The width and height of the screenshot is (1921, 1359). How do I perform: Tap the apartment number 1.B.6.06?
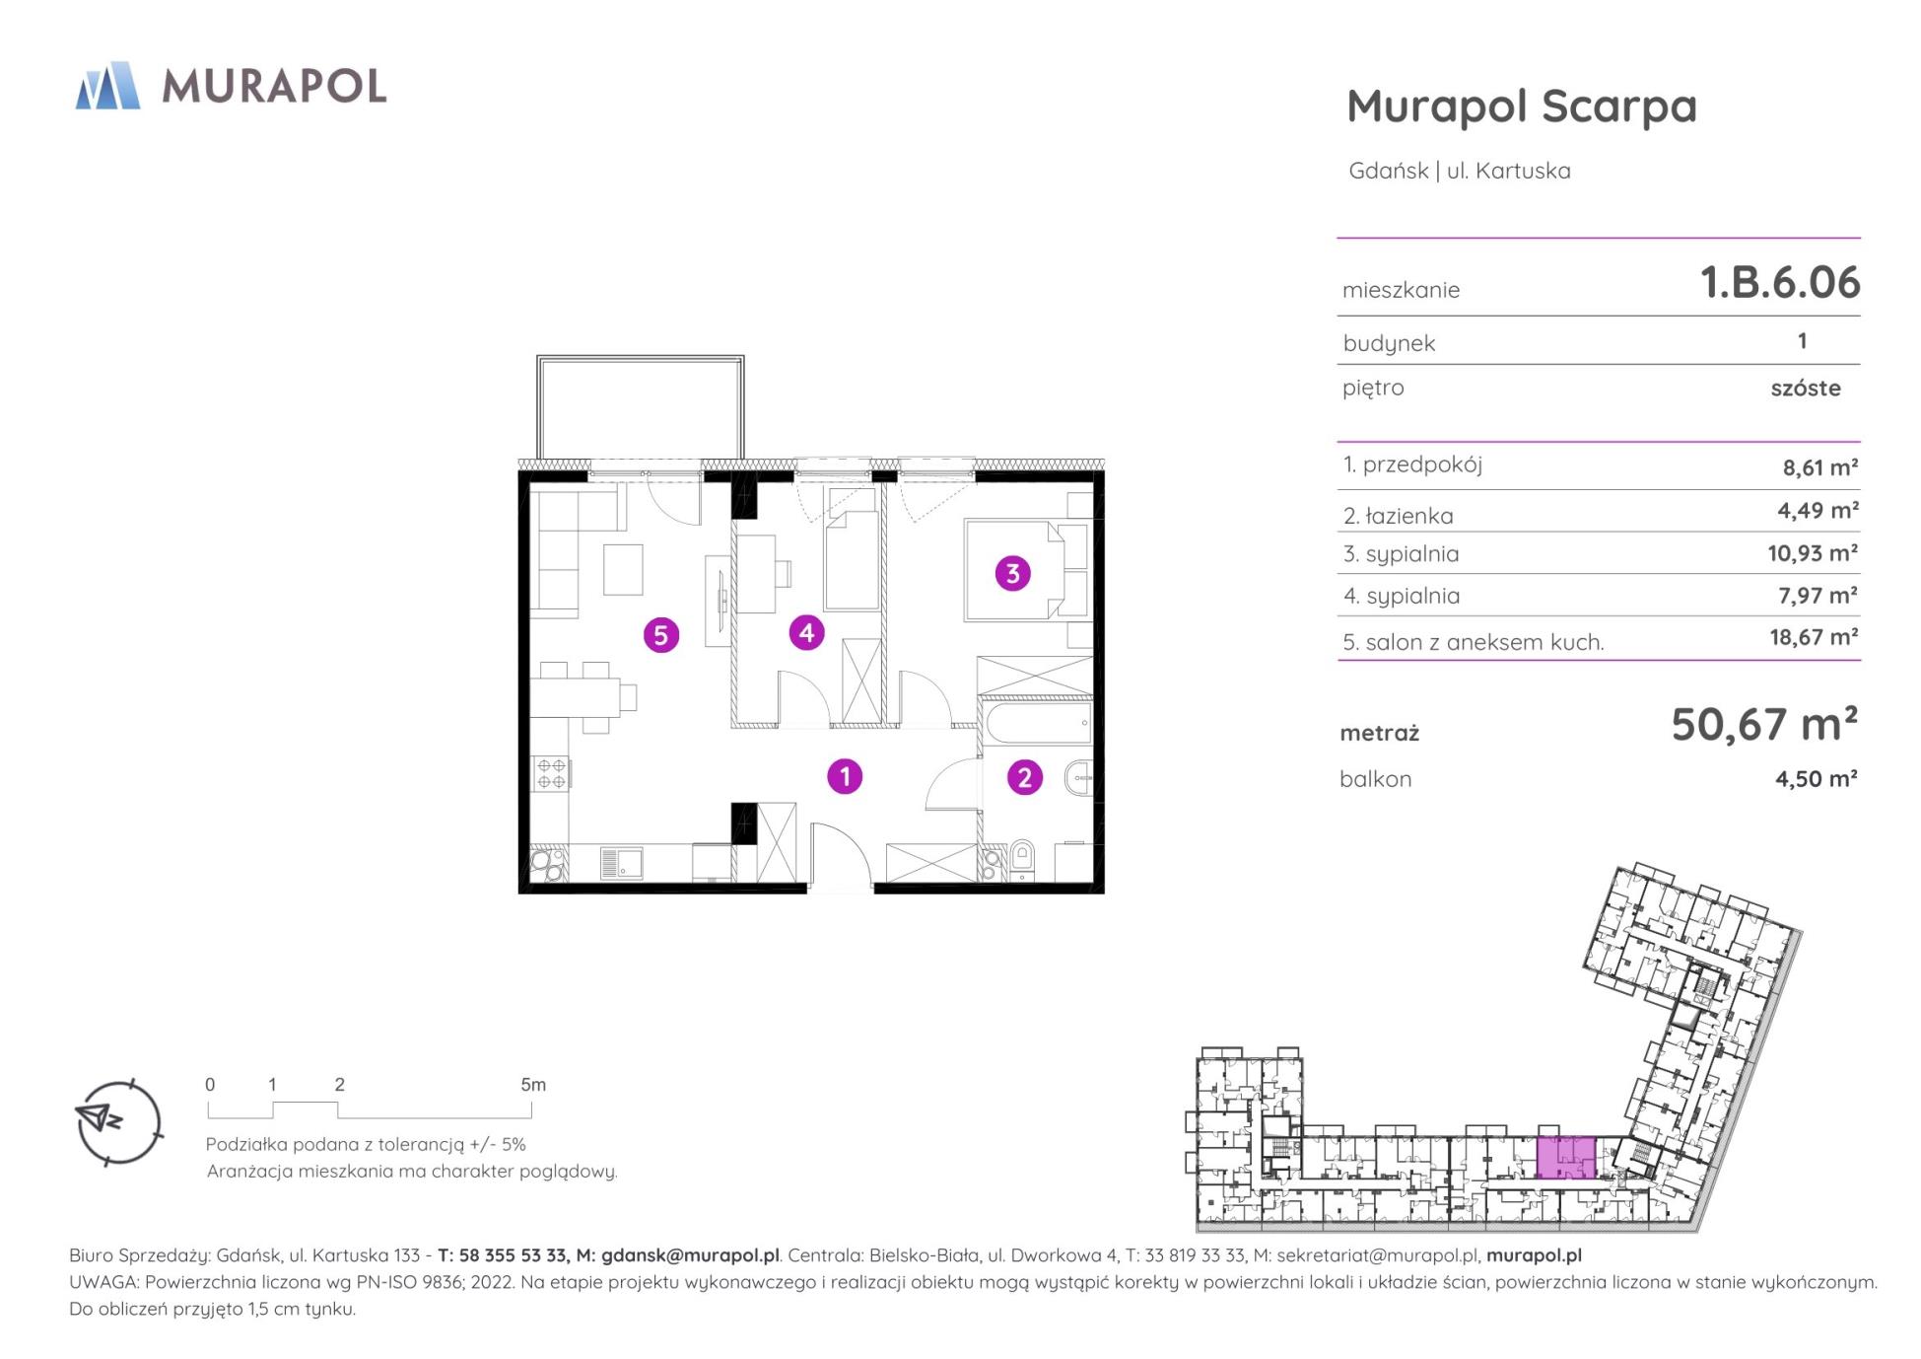pyautogui.click(x=1780, y=282)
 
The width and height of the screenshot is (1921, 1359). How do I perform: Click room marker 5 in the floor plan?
pyautogui.click(x=661, y=634)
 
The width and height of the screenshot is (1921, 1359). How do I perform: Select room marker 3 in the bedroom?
pyautogui.click(x=1012, y=573)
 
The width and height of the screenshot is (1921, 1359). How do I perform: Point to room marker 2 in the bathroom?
pyautogui.click(x=1024, y=777)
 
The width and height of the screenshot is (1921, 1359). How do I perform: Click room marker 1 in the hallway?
pyautogui.click(x=845, y=776)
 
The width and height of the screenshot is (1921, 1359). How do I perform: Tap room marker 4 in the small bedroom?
pyautogui.click(x=807, y=632)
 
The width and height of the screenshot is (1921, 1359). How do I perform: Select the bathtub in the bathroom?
pyautogui.click(x=1038, y=723)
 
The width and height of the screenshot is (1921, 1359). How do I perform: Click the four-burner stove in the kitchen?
pyautogui.click(x=551, y=773)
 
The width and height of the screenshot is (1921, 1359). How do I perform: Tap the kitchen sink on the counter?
pyautogui.click(x=622, y=864)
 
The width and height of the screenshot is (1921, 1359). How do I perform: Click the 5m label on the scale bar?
pyautogui.click(x=533, y=1085)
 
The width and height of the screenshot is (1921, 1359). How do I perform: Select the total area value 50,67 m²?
pyautogui.click(x=1764, y=725)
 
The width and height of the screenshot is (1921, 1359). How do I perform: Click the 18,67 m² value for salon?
pyautogui.click(x=1814, y=637)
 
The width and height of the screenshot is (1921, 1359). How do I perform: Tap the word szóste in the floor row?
pyautogui.click(x=1806, y=388)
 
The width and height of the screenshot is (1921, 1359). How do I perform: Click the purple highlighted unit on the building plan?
pyautogui.click(x=1566, y=1157)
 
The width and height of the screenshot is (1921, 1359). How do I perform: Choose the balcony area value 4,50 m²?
pyautogui.click(x=1817, y=779)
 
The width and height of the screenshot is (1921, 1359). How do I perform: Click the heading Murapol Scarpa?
pyautogui.click(x=1522, y=107)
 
